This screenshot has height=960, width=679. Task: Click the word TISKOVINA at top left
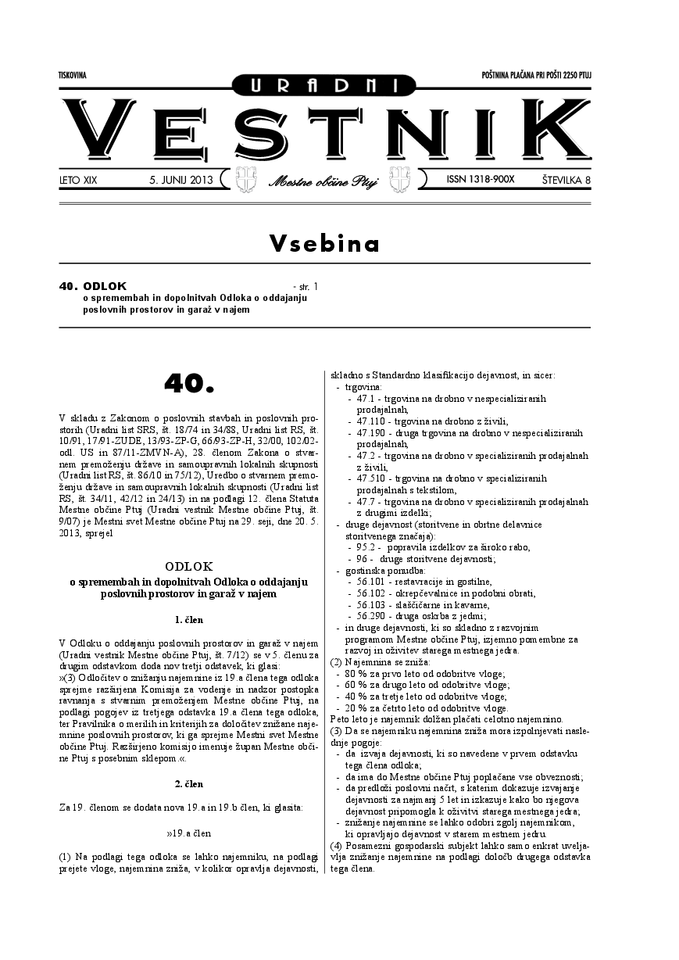[72, 75]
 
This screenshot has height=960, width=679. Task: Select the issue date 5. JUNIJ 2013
[180, 181]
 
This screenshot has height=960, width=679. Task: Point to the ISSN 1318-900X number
[481, 180]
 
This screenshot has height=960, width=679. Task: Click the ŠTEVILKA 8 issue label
[566, 181]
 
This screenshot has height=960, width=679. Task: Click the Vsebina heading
[324, 243]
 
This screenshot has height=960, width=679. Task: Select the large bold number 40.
[189, 382]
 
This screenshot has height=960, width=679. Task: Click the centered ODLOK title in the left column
[189, 565]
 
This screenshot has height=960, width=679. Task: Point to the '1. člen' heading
[189, 620]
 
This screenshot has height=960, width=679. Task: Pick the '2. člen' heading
[189, 783]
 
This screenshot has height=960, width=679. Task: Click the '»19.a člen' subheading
[189, 833]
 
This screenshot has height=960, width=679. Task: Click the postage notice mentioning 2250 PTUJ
[537, 75]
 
